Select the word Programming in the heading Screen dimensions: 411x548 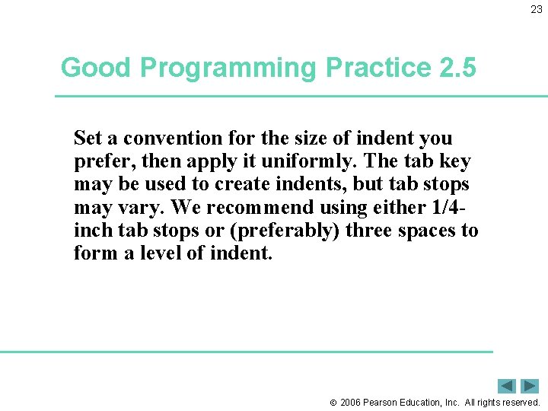[226, 68]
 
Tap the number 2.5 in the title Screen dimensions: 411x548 [457, 68]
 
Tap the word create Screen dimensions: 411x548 [244, 184]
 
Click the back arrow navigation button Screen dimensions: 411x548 [507, 386]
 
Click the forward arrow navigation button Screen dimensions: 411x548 [530, 386]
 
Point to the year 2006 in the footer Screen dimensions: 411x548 [352, 402]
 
